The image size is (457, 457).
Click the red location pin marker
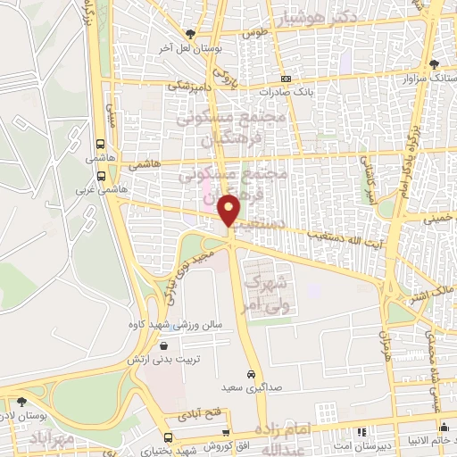click(x=230, y=209)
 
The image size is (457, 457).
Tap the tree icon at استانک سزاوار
click(x=435, y=64)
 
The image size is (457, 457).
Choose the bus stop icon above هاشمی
click(x=100, y=143)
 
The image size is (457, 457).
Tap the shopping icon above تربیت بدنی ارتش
click(x=162, y=347)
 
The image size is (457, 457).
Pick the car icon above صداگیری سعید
click(x=251, y=375)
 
